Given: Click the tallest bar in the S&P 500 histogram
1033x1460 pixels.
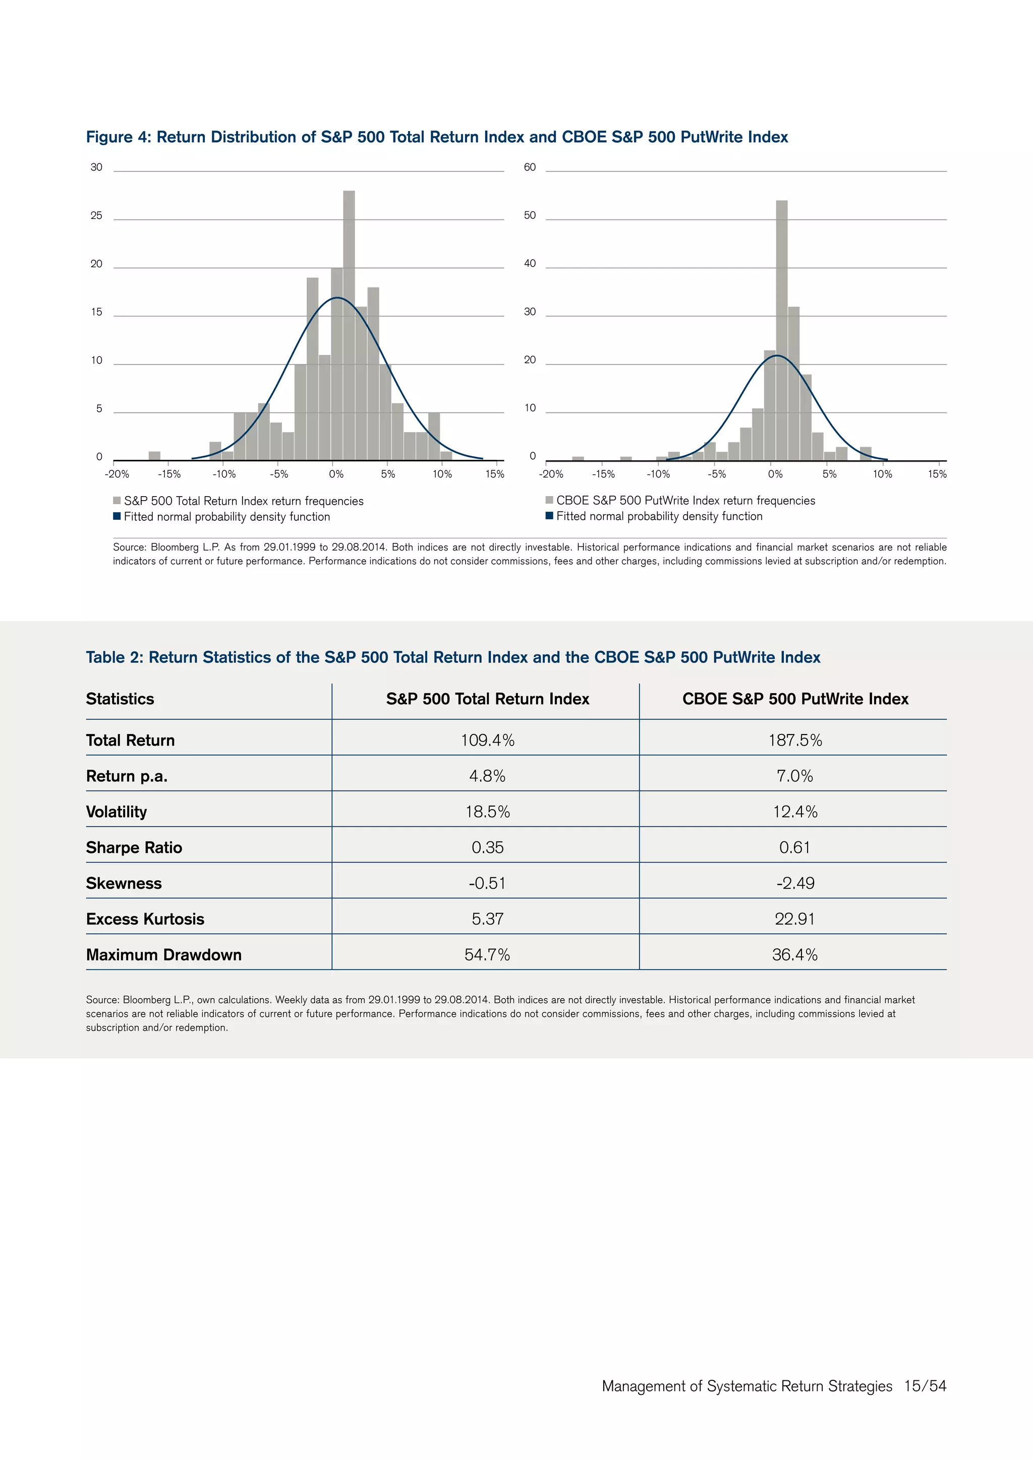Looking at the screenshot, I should (x=349, y=324).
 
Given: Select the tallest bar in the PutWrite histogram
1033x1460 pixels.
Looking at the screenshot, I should (x=782, y=331).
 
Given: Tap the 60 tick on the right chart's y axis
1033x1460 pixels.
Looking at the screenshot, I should (x=530, y=167).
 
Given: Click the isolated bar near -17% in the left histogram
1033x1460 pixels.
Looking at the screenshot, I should (x=154, y=456).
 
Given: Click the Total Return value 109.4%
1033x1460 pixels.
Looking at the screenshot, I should (x=487, y=740).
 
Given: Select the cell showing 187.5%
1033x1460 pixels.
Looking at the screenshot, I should (x=794, y=740).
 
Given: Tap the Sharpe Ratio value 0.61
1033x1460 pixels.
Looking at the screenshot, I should (x=794, y=847).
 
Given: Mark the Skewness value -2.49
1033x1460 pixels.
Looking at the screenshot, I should (x=794, y=883).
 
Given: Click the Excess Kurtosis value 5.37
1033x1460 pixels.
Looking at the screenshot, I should (x=487, y=919).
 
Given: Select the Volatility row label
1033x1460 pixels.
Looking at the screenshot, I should (x=117, y=812).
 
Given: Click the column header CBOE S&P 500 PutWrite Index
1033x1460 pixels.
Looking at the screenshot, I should (x=794, y=699).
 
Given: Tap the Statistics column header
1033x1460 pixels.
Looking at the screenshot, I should (x=120, y=699).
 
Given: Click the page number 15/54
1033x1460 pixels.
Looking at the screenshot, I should (x=925, y=1385).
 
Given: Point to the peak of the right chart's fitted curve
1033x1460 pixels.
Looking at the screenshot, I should (x=777, y=355).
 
